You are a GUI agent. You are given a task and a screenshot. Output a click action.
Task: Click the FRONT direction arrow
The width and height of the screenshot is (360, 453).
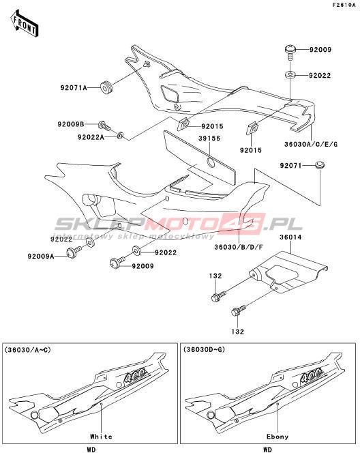pyautogui.click(x=25, y=23)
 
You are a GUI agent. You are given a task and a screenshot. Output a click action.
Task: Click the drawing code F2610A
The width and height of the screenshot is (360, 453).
pyautogui.click(x=344, y=5)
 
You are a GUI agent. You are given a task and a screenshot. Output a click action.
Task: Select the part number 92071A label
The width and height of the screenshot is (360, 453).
pyautogui.click(x=74, y=87)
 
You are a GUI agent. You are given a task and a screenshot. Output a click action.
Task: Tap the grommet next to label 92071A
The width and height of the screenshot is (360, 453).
pyautogui.click(x=106, y=87)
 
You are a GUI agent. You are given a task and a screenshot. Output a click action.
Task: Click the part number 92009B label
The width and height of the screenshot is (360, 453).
pyautogui.click(x=71, y=125)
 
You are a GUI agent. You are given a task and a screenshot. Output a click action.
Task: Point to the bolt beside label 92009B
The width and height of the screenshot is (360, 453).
pyautogui.click(x=104, y=126)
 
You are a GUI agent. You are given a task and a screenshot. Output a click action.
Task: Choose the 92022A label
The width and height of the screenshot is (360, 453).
pyautogui.click(x=91, y=137)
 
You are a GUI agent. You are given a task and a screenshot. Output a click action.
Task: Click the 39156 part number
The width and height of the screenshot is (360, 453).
pyautogui.click(x=209, y=138)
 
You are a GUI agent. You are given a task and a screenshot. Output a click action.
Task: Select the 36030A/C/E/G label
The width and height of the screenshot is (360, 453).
pyautogui.click(x=311, y=144)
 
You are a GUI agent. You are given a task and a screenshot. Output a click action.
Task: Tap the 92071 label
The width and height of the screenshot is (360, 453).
pyautogui.click(x=290, y=166)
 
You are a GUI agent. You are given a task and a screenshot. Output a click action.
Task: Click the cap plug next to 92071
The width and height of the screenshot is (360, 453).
pyautogui.click(x=320, y=165)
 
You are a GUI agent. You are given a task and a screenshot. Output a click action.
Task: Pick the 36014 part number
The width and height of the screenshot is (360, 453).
pyautogui.click(x=290, y=237)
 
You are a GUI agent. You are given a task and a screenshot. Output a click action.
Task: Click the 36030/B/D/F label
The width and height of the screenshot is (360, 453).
pyautogui.click(x=239, y=247)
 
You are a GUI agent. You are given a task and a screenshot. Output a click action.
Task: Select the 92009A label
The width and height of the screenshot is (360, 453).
pyautogui.click(x=41, y=257)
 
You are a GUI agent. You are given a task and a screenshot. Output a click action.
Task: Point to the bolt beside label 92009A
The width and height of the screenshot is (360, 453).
pyautogui.click(x=74, y=252)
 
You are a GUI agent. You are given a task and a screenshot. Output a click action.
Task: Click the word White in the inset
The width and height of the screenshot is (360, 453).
pyautogui.click(x=101, y=436)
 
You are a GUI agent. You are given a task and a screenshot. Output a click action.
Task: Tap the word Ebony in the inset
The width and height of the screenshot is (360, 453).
pyautogui.click(x=277, y=437)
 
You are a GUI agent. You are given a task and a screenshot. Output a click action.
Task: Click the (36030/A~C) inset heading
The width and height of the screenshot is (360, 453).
pyautogui.click(x=27, y=350)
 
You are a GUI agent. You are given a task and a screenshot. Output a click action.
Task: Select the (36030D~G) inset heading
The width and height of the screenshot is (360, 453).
pyautogui.click(x=204, y=350)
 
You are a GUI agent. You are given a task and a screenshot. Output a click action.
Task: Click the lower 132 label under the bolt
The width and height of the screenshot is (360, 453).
pyautogui.click(x=237, y=332)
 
